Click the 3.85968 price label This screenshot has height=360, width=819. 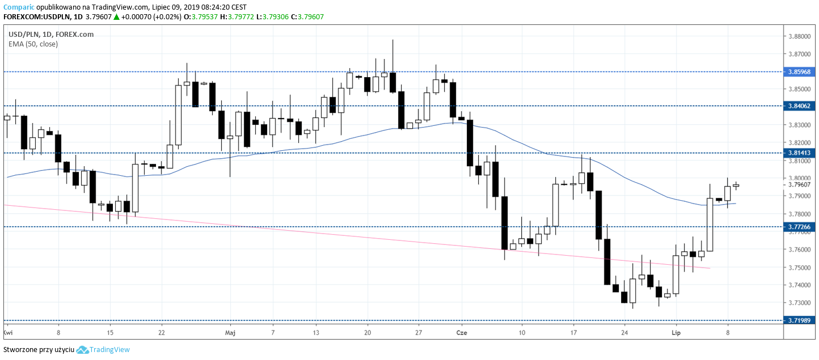(800, 72)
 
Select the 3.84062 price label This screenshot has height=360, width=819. (800, 105)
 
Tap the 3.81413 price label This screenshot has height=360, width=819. (800, 153)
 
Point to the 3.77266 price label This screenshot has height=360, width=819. (800, 227)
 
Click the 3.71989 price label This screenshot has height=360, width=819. (800, 320)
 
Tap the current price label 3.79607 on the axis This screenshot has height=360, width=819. (800, 184)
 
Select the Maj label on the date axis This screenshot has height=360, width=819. (230, 332)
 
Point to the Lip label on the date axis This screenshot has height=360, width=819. (676, 332)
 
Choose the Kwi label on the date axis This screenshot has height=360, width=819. (8, 332)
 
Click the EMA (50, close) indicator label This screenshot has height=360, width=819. (33, 44)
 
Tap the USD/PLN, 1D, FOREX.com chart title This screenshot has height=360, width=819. (51, 34)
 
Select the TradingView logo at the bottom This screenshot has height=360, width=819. (103, 350)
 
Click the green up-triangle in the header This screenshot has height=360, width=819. (116, 17)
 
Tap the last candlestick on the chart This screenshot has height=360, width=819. (736, 185)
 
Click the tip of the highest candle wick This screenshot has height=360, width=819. (392, 40)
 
